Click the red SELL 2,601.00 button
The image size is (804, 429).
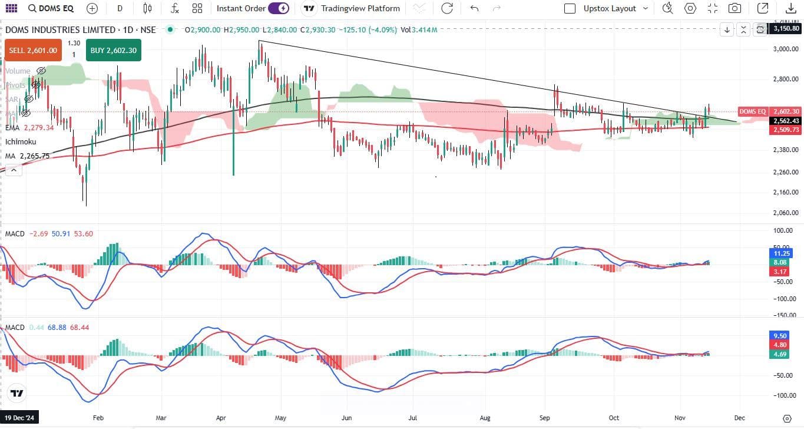33,51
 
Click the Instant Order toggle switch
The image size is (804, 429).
279,8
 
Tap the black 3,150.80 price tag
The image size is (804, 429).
786,28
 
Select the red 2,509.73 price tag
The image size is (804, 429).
786,130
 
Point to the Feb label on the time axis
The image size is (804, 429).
98,417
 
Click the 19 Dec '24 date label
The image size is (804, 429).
19,417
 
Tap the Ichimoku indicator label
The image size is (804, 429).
21,141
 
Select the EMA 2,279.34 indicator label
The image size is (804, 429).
29,127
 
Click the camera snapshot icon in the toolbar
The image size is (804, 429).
734,8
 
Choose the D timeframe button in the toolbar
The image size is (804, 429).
120,8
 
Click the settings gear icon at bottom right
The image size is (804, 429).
786,418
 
